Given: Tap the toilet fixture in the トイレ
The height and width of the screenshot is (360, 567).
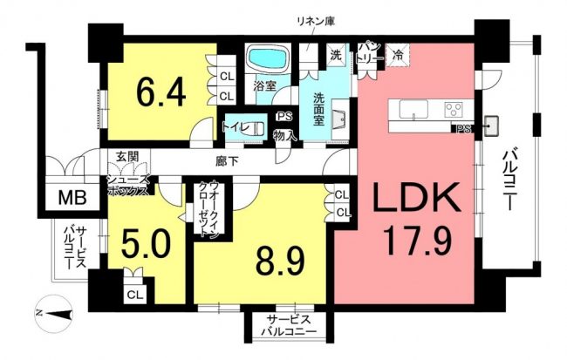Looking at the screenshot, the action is [x=258, y=128].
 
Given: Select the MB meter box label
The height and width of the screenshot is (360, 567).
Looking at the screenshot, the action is [x=72, y=197].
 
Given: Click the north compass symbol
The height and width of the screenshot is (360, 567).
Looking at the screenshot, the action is [x=54, y=314].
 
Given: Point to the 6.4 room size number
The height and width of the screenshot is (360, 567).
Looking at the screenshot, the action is [x=161, y=92].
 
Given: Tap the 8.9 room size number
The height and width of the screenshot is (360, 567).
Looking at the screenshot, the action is [x=280, y=261].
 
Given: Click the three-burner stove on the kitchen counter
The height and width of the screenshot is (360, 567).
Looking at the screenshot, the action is [x=454, y=109].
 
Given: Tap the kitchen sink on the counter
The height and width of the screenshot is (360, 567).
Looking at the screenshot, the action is [x=413, y=109].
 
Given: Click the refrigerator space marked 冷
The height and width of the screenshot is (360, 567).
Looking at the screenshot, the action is [x=398, y=55].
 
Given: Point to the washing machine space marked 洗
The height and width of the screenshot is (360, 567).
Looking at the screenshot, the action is [x=337, y=55].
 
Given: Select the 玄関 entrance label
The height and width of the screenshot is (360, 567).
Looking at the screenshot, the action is [x=127, y=157].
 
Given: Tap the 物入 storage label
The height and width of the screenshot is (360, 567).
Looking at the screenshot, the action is [x=285, y=135].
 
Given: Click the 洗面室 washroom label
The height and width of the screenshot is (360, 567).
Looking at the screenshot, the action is [x=318, y=109].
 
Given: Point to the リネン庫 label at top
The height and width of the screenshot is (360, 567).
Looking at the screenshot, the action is [x=315, y=21].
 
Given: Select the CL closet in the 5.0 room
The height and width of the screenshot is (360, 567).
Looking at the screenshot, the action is [x=135, y=295].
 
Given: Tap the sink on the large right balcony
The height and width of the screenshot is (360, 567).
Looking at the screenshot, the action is [x=491, y=126].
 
